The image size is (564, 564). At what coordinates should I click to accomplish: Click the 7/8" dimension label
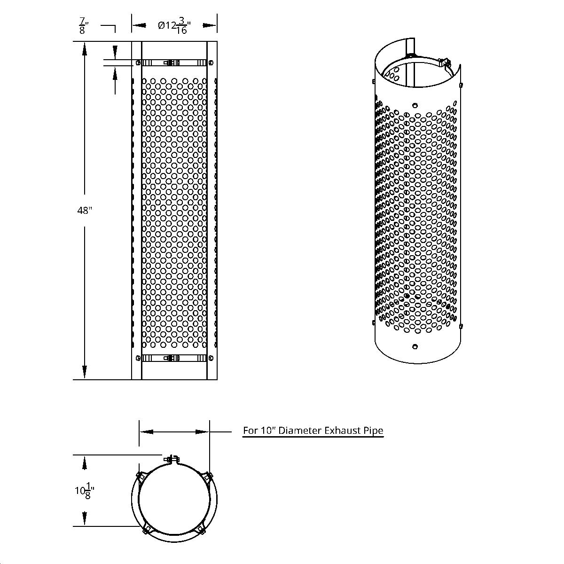click(83, 26)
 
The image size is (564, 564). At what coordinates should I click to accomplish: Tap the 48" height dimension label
click(84, 211)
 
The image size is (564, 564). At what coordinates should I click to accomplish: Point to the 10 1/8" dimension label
click(85, 491)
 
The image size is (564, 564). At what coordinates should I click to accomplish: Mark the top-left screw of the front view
click(138, 62)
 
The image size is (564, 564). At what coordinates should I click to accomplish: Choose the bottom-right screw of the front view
click(211, 358)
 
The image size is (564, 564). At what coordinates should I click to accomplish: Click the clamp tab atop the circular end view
click(172, 459)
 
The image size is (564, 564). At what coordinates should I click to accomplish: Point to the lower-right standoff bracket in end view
click(202, 530)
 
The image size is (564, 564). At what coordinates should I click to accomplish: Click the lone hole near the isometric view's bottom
click(415, 347)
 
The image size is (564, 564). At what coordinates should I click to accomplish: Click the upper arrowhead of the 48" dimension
click(85, 47)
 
